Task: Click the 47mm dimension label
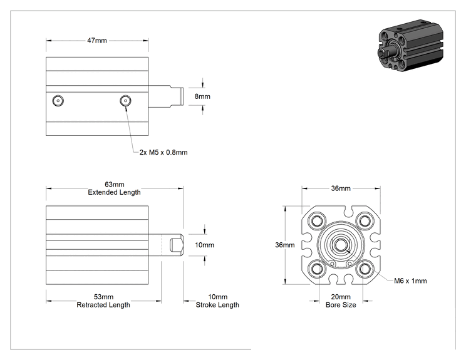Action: [97, 41]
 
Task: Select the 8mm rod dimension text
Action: [202, 96]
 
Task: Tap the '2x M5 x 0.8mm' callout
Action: [163, 152]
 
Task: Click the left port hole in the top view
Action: [58, 101]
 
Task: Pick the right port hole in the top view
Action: [125, 101]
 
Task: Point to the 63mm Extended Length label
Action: [114, 188]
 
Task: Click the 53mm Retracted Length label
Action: [103, 301]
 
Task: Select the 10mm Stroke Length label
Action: [217, 301]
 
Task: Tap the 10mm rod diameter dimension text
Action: [204, 245]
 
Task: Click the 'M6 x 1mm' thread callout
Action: [410, 281]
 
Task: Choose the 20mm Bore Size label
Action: [341, 301]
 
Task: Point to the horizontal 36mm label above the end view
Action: [341, 188]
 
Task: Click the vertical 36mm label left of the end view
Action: [285, 245]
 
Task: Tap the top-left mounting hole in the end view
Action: [317, 221]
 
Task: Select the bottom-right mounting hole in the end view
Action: [365, 269]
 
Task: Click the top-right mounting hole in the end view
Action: [365, 221]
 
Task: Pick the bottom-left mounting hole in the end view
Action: [317, 269]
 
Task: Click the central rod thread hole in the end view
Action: [341, 245]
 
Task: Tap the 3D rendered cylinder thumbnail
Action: [411, 46]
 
